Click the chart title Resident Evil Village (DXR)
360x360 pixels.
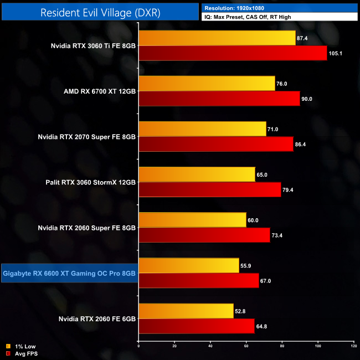pyautogui.click(x=100, y=13)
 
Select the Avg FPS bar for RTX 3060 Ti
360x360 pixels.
pyautogui.click(x=233, y=53)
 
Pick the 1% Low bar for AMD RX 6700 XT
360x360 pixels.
pyautogui.click(x=207, y=84)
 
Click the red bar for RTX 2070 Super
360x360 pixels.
pyautogui.click(x=216, y=144)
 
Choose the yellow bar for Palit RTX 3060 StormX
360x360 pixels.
pyautogui.click(x=197, y=174)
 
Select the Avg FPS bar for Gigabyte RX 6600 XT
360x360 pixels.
pyautogui.click(x=198, y=281)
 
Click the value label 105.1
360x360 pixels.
pyautogui.click(x=336, y=54)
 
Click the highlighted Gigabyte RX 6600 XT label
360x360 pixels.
pyautogui.click(x=69, y=273)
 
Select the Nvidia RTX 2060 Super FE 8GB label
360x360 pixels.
pyautogui.click(x=86, y=228)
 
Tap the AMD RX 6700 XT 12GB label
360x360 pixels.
pyautogui.click(x=100, y=91)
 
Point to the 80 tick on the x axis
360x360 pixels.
pyautogui.click(x=282, y=347)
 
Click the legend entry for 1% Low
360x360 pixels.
pyautogui.click(x=19, y=347)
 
